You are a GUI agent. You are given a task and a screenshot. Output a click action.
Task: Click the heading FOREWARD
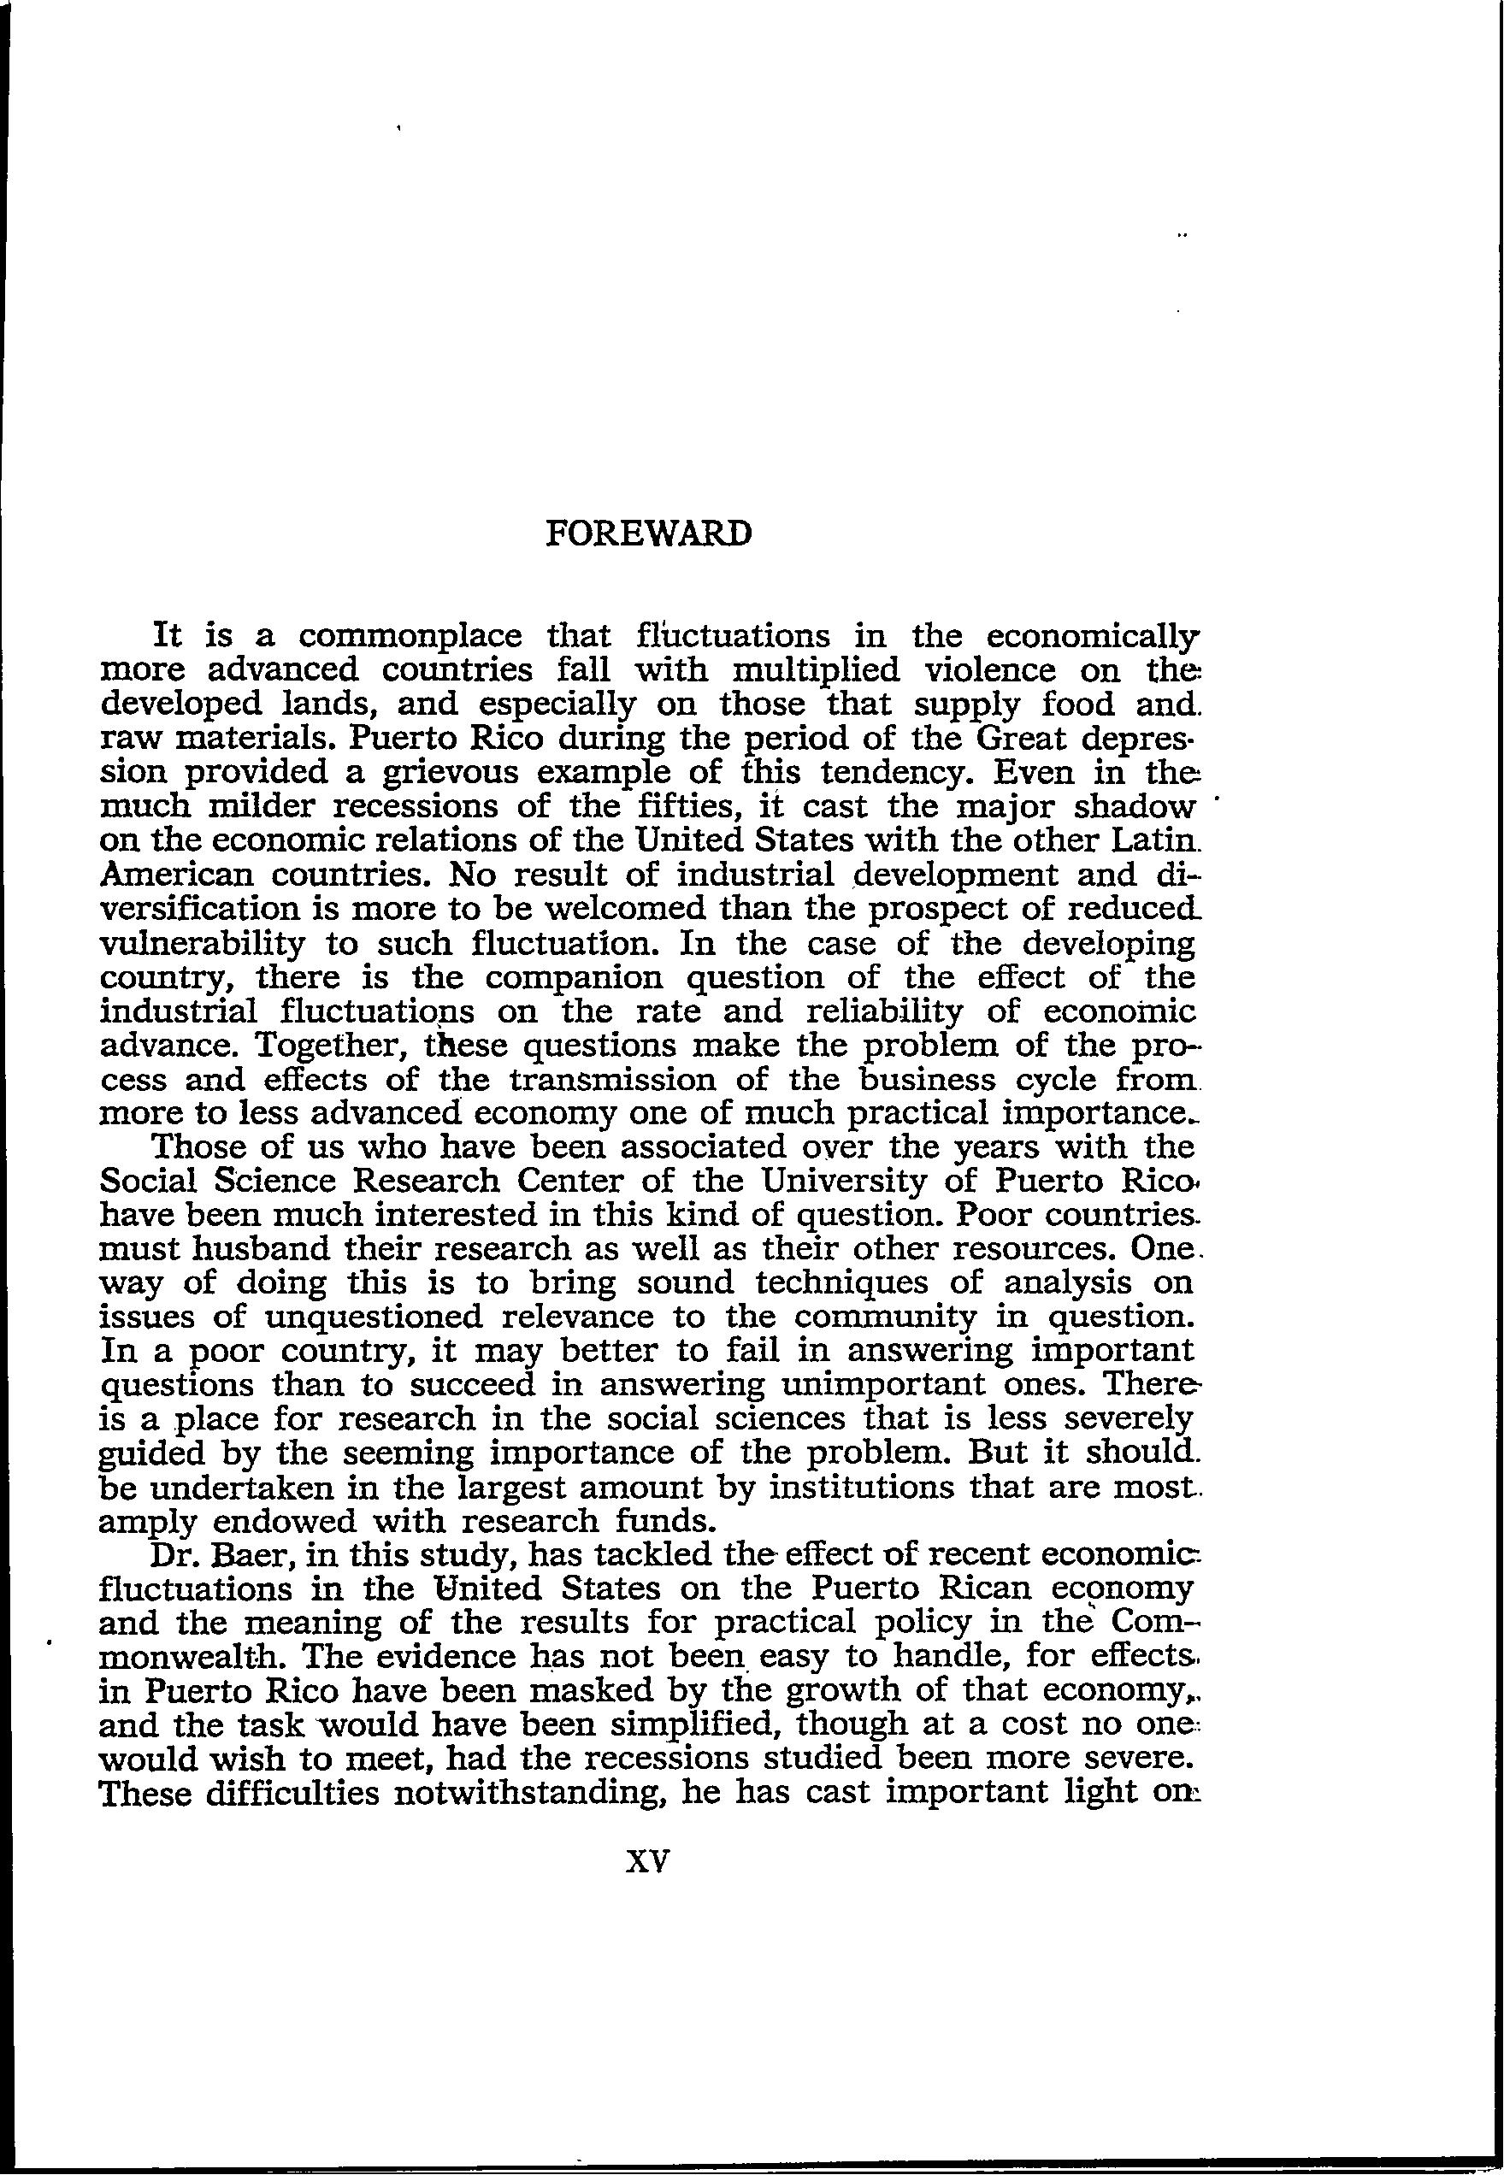point(649,533)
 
